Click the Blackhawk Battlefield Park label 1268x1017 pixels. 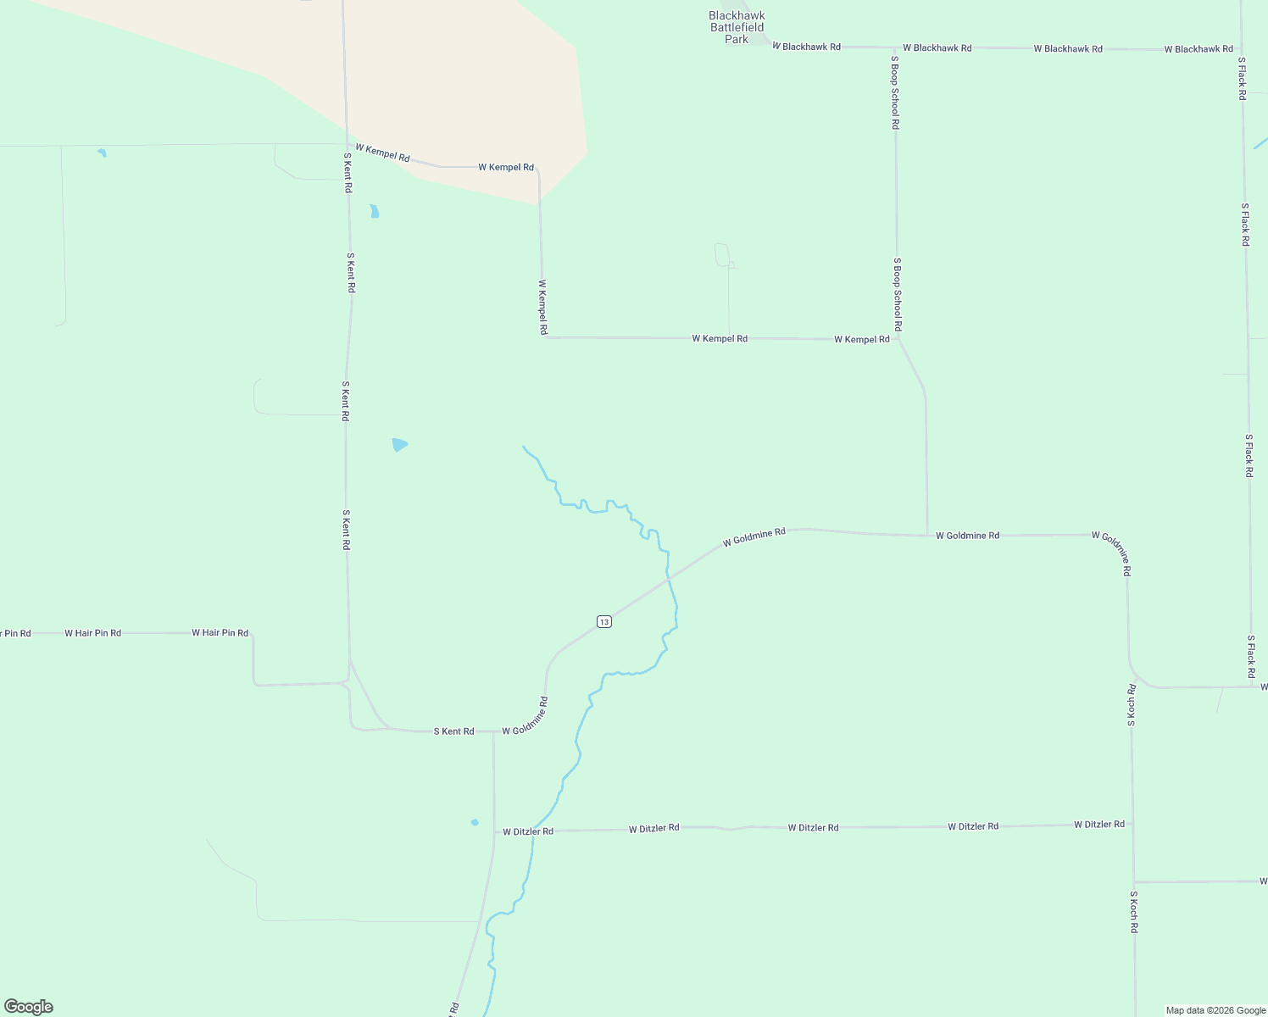[x=737, y=27]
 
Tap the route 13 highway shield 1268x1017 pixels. [x=603, y=621]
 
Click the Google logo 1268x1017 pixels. [x=29, y=1006]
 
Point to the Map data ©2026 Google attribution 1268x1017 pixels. [x=1215, y=1010]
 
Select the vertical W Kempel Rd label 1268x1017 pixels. [x=542, y=308]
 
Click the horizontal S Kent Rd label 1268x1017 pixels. [x=453, y=731]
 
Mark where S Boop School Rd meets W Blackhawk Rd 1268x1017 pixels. [x=894, y=47]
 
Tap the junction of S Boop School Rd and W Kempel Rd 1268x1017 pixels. [x=898, y=339]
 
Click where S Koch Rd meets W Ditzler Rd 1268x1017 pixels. [x=1132, y=824]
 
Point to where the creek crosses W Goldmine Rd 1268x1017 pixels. [x=669, y=580]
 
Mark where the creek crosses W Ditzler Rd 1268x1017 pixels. [x=533, y=831]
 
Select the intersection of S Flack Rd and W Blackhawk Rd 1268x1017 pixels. [x=1241, y=49]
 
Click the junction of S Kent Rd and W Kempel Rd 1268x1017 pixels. [x=346, y=145]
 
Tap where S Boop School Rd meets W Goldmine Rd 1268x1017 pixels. [x=927, y=535]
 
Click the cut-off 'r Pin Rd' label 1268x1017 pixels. [x=14, y=633]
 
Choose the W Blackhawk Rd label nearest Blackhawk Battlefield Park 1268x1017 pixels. [x=806, y=47]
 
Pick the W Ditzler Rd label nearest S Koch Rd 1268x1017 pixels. [x=1098, y=825]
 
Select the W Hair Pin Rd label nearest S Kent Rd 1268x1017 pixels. [x=220, y=633]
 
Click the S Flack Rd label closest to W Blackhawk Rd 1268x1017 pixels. [x=1242, y=79]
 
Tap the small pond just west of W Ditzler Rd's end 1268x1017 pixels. [x=475, y=822]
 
